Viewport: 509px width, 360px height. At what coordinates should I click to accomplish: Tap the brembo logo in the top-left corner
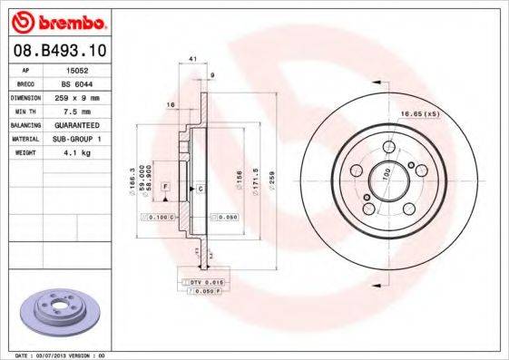pyautogui.click(x=56, y=19)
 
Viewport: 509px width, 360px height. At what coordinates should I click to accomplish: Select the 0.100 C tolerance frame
pyautogui.click(x=156, y=218)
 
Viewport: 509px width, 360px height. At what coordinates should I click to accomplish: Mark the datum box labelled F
pyautogui.click(x=165, y=187)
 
